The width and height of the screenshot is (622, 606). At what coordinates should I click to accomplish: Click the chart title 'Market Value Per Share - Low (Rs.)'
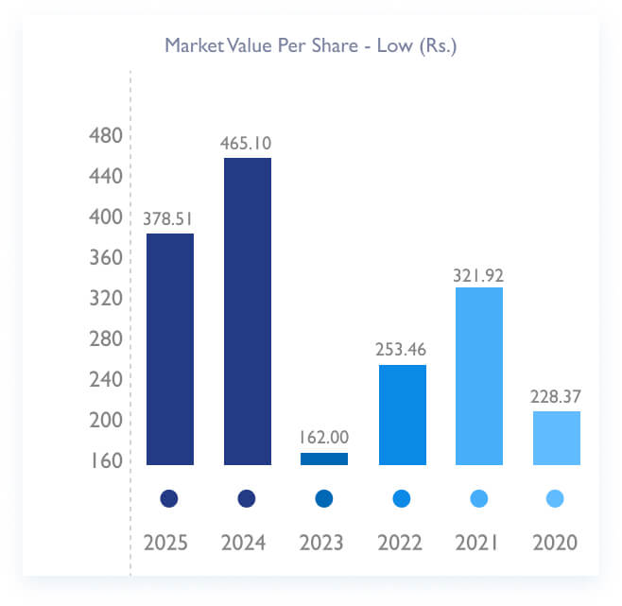click(311, 45)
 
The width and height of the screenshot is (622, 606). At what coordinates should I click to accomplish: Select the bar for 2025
click(170, 349)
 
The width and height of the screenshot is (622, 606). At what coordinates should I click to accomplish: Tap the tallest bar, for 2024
click(248, 311)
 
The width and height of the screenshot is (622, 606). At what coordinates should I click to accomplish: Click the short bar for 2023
click(324, 459)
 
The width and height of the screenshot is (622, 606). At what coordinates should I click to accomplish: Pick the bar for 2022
click(402, 415)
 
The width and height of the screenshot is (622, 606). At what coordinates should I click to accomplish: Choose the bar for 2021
click(479, 376)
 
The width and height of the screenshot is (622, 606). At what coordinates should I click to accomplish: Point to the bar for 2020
click(557, 438)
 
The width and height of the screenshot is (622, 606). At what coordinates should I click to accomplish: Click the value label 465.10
click(248, 144)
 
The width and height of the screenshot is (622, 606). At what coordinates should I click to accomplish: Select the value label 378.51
click(170, 219)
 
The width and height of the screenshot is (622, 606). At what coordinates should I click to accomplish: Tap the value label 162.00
click(324, 439)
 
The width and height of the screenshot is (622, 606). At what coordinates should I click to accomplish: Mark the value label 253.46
click(402, 351)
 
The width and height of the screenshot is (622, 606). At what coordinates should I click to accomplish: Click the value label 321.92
click(479, 274)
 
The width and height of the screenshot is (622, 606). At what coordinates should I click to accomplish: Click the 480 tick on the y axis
click(105, 136)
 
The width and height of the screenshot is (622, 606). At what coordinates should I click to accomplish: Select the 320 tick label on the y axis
click(105, 299)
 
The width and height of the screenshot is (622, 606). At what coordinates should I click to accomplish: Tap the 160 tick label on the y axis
click(105, 461)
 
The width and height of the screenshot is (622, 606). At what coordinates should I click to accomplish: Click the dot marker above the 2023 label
click(324, 498)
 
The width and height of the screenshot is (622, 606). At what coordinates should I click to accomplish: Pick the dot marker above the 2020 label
click(556, 498)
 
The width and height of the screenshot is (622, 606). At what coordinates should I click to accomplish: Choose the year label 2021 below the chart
click(478, 544)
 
